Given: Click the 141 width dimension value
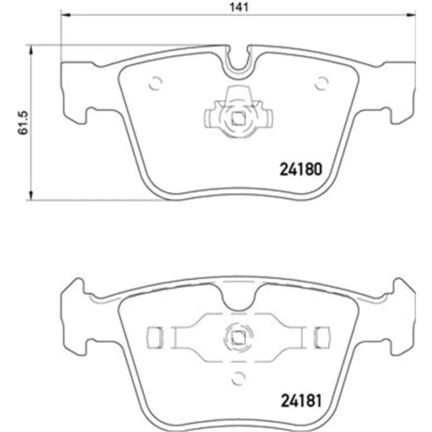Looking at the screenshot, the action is pos(239,7).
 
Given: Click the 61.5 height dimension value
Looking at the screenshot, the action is pos(23,123).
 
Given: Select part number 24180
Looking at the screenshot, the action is pos(301,169).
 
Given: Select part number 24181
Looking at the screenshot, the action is pos(301,401).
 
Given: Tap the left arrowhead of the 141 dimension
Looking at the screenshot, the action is pos(65,15).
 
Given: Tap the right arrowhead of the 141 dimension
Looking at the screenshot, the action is pos(410,15).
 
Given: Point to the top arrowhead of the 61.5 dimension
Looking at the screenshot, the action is pos(31,50).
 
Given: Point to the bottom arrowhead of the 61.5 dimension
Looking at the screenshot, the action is pos(31,195).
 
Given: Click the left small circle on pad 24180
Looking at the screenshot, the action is pos(155,83).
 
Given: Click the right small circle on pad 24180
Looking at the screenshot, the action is pos(321,83).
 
